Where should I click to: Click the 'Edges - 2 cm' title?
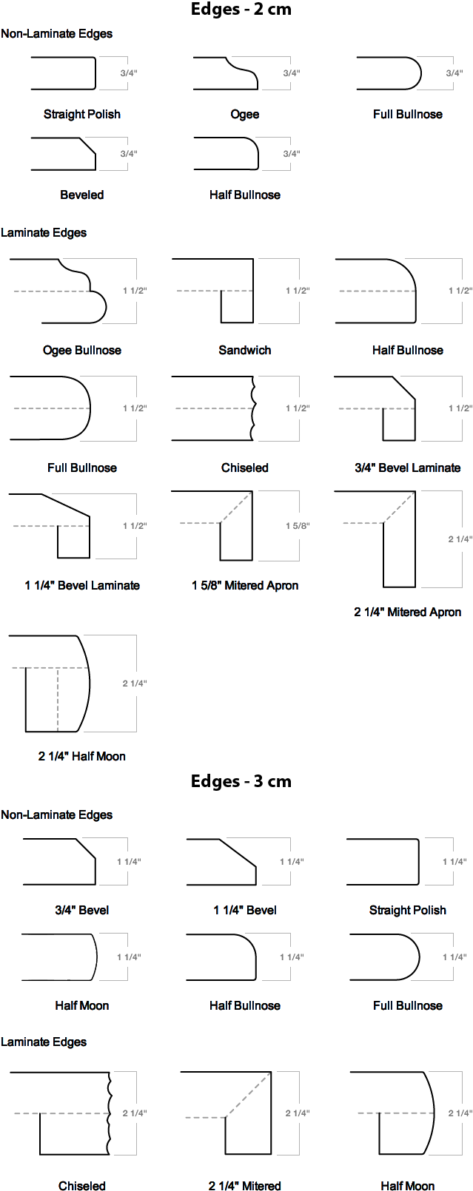241,9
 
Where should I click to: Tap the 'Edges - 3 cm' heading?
241,781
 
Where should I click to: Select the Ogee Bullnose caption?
82,351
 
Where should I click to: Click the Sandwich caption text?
245,351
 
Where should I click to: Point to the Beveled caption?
82,195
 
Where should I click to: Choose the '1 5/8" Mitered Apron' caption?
245,585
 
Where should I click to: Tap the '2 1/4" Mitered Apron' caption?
408,612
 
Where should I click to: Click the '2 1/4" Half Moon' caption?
82,756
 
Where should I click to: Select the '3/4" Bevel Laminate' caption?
408,468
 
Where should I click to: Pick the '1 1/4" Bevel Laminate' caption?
82,585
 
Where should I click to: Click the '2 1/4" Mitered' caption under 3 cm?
245,1185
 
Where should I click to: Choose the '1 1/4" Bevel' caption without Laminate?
245,910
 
